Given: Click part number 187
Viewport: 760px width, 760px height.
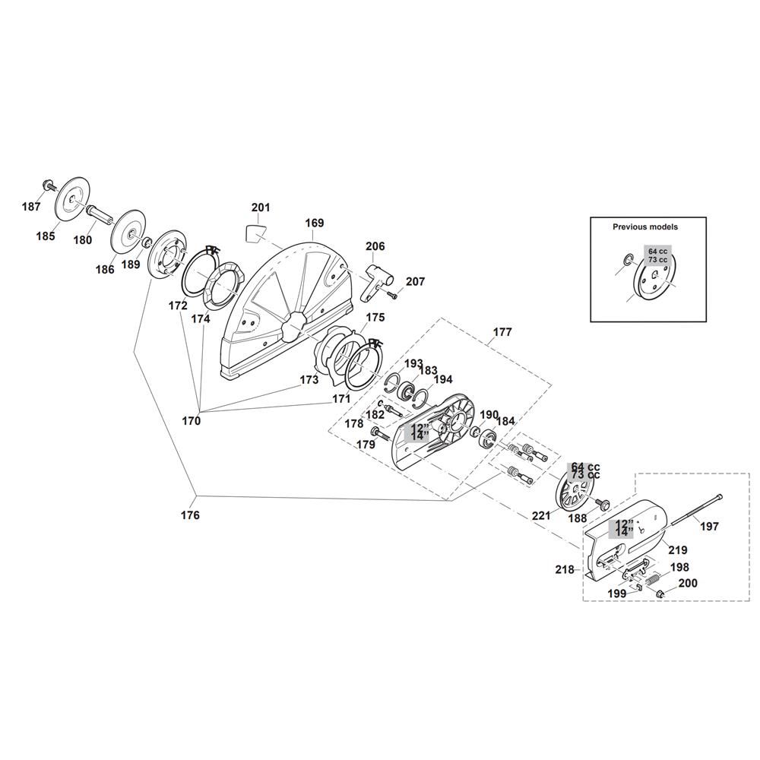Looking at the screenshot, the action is click(31, 207).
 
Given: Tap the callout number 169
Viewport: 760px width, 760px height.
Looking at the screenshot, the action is click(314, 223).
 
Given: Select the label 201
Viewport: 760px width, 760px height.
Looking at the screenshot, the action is click(261, 207).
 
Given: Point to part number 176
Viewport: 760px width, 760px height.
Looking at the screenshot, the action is click(190, 515).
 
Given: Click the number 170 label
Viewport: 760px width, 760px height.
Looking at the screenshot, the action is click(191, 421).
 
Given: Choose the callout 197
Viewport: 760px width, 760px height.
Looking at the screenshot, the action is click(710, 527).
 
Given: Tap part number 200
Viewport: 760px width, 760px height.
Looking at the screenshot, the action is click(688, 583).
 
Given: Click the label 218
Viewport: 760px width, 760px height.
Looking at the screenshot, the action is click(565, 569).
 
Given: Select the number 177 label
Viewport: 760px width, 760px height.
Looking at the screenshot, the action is click(502, 332).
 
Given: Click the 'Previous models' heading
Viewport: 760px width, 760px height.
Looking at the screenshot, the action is click(645, 226).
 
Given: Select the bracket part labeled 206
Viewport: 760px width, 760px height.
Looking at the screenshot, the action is click(377, 282).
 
